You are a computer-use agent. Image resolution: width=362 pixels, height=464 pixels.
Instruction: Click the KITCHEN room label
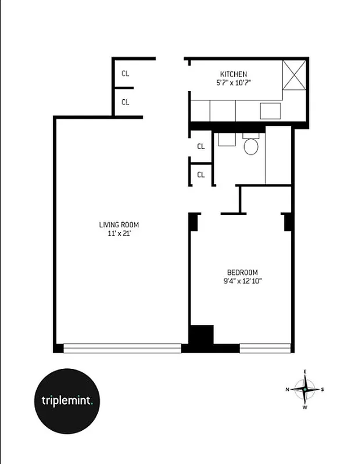click(234, 74)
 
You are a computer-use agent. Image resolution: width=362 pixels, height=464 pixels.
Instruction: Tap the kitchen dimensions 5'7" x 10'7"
click(234, 82)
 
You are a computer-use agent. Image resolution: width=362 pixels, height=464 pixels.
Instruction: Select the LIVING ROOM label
click(119, 225)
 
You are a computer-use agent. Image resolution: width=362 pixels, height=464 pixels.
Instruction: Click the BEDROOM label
click(242, 273)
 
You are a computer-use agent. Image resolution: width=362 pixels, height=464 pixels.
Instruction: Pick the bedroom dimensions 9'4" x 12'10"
click(242, 281)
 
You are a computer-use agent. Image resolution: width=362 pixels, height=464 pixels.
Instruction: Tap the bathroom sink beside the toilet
click(224, 139)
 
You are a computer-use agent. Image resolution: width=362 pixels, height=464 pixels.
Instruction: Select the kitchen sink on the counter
click(270, 110)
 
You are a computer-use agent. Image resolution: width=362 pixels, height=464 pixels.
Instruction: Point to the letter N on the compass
click(287, 389)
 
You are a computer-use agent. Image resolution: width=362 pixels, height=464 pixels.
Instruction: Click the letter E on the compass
click(305, 372)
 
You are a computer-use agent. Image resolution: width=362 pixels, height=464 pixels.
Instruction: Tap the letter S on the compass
click(322, 389)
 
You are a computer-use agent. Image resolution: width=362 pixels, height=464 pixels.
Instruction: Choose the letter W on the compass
click(305, 407)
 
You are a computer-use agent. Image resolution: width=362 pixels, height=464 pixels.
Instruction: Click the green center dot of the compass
click(305, 389)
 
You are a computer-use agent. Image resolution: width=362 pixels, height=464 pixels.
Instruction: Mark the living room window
click(122, 348)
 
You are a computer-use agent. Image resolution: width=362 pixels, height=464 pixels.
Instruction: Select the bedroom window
click(265, 348)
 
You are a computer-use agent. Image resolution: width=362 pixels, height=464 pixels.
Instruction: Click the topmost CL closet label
click(126, 74)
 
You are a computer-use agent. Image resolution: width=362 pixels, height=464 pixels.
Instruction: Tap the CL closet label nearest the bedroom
click(201, 175)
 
